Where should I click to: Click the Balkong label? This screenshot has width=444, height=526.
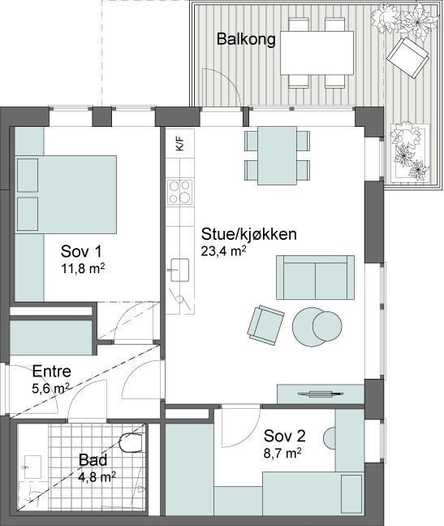tap(246, 39)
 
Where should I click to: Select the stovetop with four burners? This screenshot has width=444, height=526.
tap(180, 192)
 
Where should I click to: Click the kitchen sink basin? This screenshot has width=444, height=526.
tap(180, 270)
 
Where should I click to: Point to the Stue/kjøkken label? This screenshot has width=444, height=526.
tap(249, 234)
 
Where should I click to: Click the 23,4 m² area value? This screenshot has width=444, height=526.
tap(223, 251)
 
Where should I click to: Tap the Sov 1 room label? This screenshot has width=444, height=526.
tap(81, 251)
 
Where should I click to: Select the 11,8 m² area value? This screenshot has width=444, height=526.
tap(83, 269)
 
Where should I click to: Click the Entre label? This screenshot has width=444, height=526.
tap(52, 372)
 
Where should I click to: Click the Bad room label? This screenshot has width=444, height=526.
tap(93, 460)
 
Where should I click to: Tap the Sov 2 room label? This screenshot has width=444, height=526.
tap(284, 436)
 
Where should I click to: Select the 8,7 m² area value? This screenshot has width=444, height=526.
tap(282, 454)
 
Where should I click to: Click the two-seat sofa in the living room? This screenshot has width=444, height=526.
tap(315, 277)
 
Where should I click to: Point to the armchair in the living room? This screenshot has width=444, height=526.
tap(266, 325)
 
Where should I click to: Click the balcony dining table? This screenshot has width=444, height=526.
tap(317, 53)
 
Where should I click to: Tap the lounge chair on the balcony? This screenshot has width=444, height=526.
tap(407, 58)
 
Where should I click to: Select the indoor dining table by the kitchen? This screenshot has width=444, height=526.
tap(277, 155)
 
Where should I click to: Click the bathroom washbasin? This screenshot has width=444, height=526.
tap(32, 467)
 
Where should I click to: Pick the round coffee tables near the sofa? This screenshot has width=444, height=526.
tap(317, 327)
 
